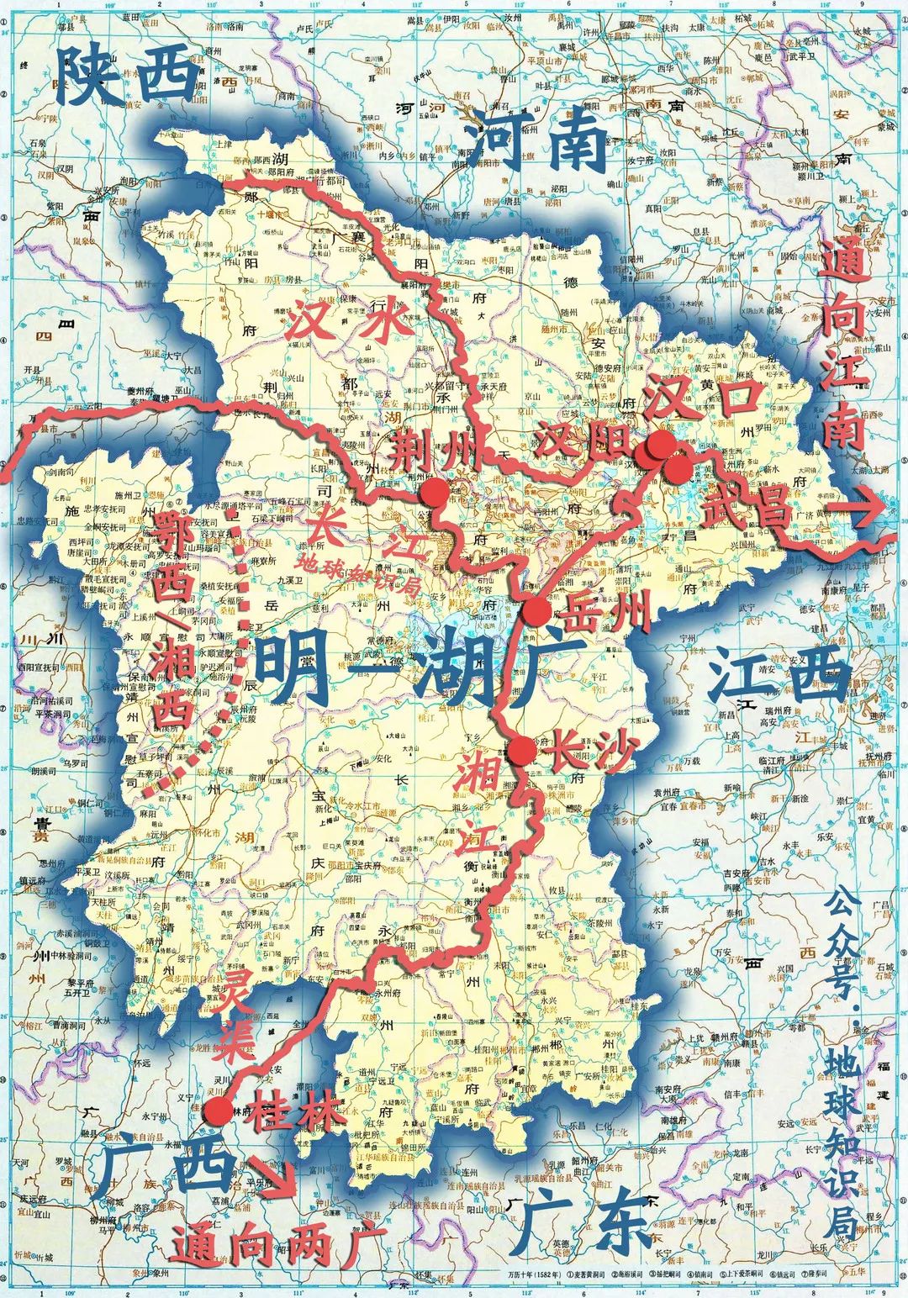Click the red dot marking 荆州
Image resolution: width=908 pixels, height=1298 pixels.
[434, 494]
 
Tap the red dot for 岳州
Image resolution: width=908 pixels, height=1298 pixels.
[536, 612]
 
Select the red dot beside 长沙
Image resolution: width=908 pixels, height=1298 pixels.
[521, 750]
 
